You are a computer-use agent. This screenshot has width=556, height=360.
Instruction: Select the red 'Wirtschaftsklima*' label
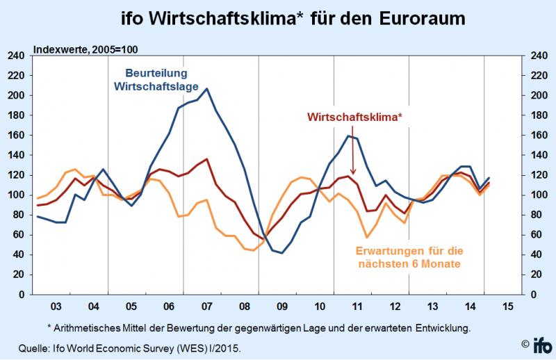[x=354, y=117]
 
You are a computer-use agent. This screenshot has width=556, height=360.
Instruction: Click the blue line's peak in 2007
[x=207, y=88]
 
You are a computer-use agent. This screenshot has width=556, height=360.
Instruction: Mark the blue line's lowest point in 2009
[x=282, y=253]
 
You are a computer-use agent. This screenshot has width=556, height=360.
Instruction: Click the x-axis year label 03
[x=56, y=307]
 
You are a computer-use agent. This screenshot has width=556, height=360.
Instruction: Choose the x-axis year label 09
[x=283, y=307]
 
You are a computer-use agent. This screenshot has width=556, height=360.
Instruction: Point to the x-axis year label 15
[x=509, y=307]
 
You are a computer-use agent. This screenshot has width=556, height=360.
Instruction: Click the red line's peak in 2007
[x=206, y=159]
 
